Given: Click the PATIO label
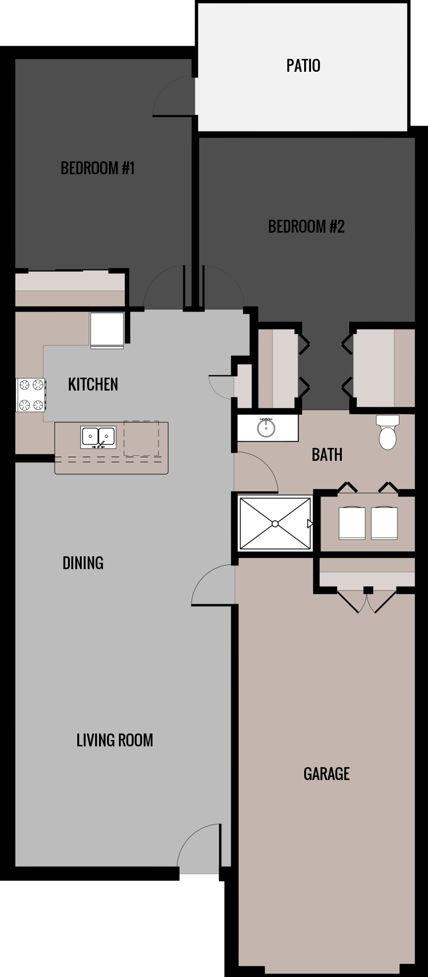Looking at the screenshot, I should point(303,65).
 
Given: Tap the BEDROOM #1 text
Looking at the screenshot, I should point(98,168).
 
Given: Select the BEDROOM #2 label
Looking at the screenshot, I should point(306,227).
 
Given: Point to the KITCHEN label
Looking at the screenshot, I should point(93,384).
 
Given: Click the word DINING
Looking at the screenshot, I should point(83,563).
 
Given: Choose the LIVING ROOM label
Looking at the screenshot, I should point(114,740).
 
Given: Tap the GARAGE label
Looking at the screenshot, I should point(326,774).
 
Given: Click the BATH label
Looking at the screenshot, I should point(327,454).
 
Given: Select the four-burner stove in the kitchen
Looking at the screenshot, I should point(31,394).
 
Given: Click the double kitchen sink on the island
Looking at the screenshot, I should point(98,437).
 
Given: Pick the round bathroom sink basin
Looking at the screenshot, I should point(267,428).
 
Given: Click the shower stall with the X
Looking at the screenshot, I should point(275,524).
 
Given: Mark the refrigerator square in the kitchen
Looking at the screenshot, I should point(107,329).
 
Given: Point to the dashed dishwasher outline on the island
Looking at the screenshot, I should point(141,439).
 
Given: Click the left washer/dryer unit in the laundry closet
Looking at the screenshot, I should point(352,523).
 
